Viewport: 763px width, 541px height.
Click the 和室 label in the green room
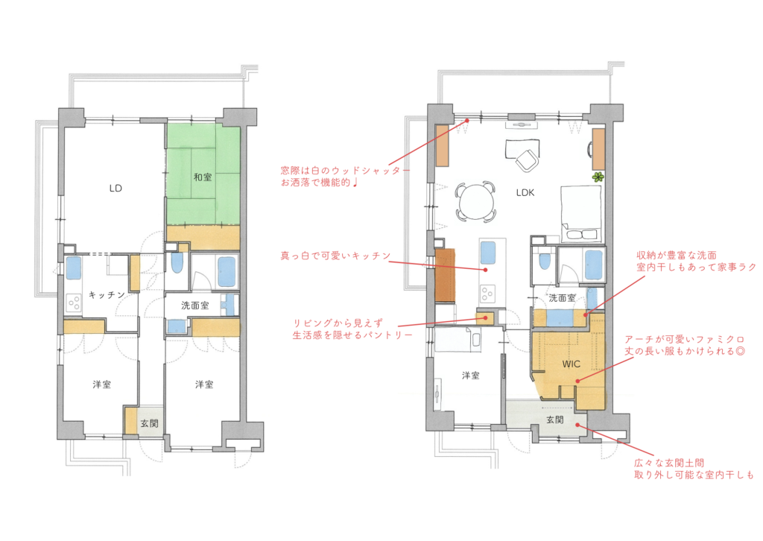click(x=203, y=177)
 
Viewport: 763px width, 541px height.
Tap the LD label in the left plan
click(x=115, y=189)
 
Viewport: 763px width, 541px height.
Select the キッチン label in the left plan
click(x=107, y=295)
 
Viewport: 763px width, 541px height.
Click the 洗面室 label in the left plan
click(x=195, y=306)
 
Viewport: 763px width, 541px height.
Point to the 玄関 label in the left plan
click(x=149, y=423)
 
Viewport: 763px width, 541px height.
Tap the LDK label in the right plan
click(x=525, y=193)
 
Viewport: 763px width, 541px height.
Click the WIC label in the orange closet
click(x=571, y=364)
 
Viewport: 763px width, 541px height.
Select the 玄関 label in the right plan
click(x=554, y=420)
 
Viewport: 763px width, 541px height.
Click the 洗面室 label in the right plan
click(x=562, y=298)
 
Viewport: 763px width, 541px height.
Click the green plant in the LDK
click(x=598, y=177)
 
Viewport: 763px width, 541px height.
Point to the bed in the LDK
click(x=582, y=214)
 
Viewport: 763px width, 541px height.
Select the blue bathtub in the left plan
click(x=227, y=271)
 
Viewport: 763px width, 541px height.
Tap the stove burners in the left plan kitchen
click(x=74, y=303)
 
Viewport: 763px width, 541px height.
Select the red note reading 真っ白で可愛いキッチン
click(x=336, y=256)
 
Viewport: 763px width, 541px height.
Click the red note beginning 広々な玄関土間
click(x=694, y=469)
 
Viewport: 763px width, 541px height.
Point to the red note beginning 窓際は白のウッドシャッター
click(x=345, y=177)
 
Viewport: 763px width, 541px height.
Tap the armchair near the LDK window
click(x=527, y=160)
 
